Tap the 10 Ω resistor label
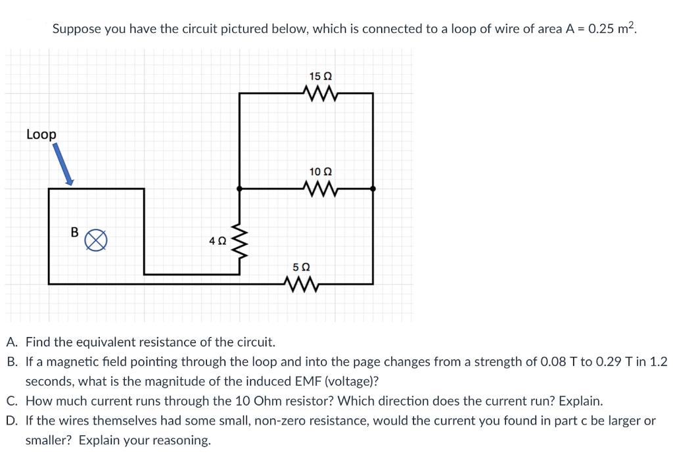tap(320, 172)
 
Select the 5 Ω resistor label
tap(301, 268)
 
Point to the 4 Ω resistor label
tap(217, 241)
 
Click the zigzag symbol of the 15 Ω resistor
tap(321, 93)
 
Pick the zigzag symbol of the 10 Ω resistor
tap(321, 189)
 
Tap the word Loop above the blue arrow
tap(41, 134)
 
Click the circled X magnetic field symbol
tap(97, 239)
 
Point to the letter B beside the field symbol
tap(74, 232)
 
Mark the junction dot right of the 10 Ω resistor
tap(373, 189)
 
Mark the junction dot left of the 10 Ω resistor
tap(239, 189)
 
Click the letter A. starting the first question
tap(12, 342)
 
